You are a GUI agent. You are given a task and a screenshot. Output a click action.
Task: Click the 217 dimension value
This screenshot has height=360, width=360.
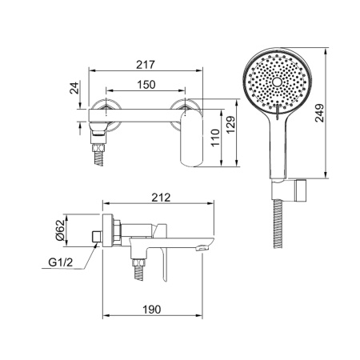146,65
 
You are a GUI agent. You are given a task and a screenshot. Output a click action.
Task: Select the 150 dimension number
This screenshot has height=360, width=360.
146,85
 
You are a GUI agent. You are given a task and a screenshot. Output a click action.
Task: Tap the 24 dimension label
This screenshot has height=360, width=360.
74,88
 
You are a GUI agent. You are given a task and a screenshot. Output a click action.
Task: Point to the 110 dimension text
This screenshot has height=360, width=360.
215,138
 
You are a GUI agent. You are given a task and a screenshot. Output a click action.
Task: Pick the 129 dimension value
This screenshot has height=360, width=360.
231,125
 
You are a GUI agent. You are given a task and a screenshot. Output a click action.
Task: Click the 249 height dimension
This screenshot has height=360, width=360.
319,113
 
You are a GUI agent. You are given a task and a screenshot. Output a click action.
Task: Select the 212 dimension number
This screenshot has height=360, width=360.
161,198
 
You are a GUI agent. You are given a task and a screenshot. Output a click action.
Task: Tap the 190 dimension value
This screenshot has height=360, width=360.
152,310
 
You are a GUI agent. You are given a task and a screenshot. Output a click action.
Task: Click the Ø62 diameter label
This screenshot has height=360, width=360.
61,230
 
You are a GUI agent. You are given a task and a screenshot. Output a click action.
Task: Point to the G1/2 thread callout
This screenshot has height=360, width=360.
61,262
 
